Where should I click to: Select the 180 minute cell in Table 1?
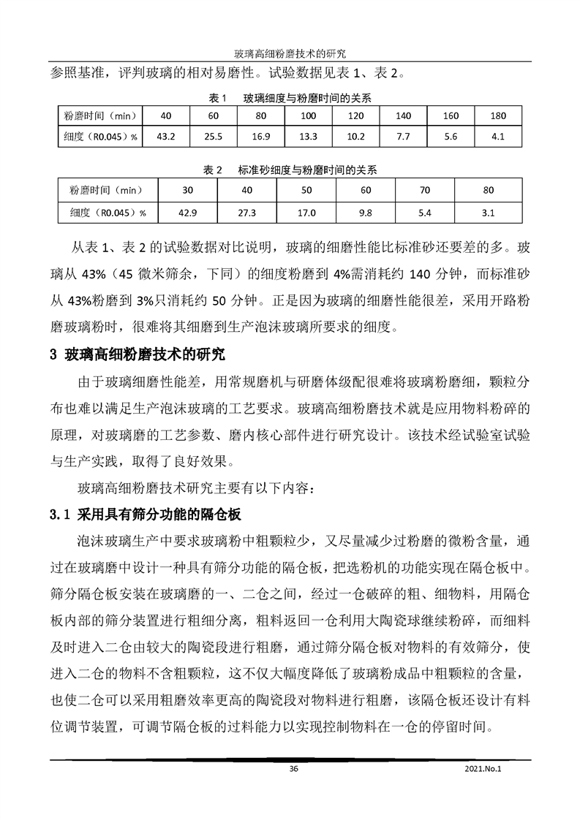coord(498,116)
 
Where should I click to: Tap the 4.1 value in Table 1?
coord(498,137)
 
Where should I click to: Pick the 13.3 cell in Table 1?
coord(308,137)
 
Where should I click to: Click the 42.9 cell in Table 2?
coord(187,213)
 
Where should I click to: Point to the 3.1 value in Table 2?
coord(489,213)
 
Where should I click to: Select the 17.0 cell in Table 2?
coord(306,213)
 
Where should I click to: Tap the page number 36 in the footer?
coord(294,768)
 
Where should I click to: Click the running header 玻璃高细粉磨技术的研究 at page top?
coord(290,53)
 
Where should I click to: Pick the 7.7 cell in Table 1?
coord(403,137)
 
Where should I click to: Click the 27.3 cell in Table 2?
coord(247,213)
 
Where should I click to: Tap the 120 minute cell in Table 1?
coord(355,116)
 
